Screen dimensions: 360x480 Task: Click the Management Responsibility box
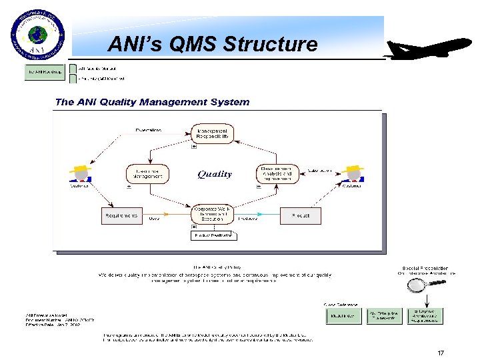click(213, 135)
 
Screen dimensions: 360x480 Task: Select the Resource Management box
click(148, 174)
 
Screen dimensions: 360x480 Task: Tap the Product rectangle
click(295, 215)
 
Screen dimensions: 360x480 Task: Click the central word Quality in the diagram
click(215, 175)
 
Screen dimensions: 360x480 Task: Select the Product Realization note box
click(213, 235)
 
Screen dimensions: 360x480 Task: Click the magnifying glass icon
click(418, 286)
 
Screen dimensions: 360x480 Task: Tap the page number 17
click(440, 353)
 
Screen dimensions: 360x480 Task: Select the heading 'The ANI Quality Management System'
click(152, 102)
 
